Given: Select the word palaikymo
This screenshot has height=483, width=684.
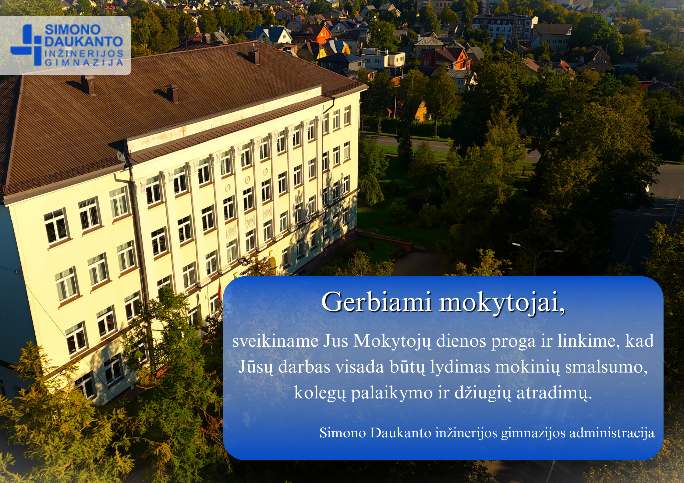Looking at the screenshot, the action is [x=392, y=393].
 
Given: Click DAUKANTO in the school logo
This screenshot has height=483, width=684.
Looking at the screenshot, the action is [x=84, y=42].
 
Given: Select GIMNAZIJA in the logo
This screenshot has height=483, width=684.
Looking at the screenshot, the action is [x=84, y=62].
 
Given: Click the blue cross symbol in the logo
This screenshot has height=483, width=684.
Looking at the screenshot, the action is [x=26, y=45].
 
